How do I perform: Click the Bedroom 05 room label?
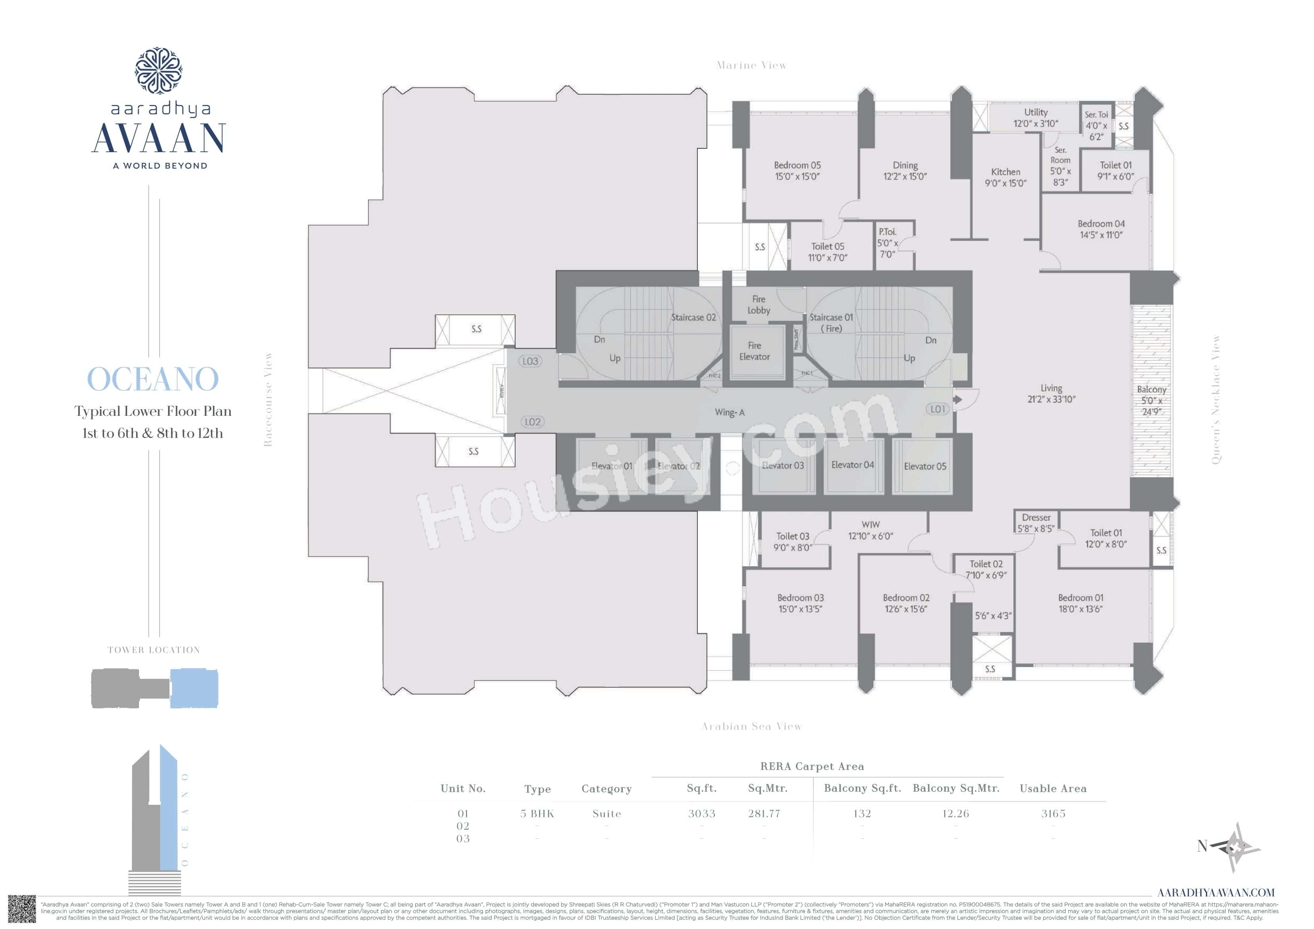tap(797, 170)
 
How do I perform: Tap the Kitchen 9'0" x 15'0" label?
tap(1005, 178)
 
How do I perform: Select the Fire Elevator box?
tap(754, 351)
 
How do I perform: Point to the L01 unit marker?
tap(937, 409)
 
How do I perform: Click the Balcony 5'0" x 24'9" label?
tap(1152, 400)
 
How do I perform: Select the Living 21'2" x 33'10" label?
tap(1051, 393)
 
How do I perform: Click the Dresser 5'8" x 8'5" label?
tap(1036, 523)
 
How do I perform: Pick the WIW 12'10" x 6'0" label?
tap(870, 530)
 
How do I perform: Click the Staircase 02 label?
tap(693, 317)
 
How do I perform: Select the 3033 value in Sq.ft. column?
tap(701, 813)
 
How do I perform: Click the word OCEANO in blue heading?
tap(153, 379)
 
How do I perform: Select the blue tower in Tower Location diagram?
tap(195, 688)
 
